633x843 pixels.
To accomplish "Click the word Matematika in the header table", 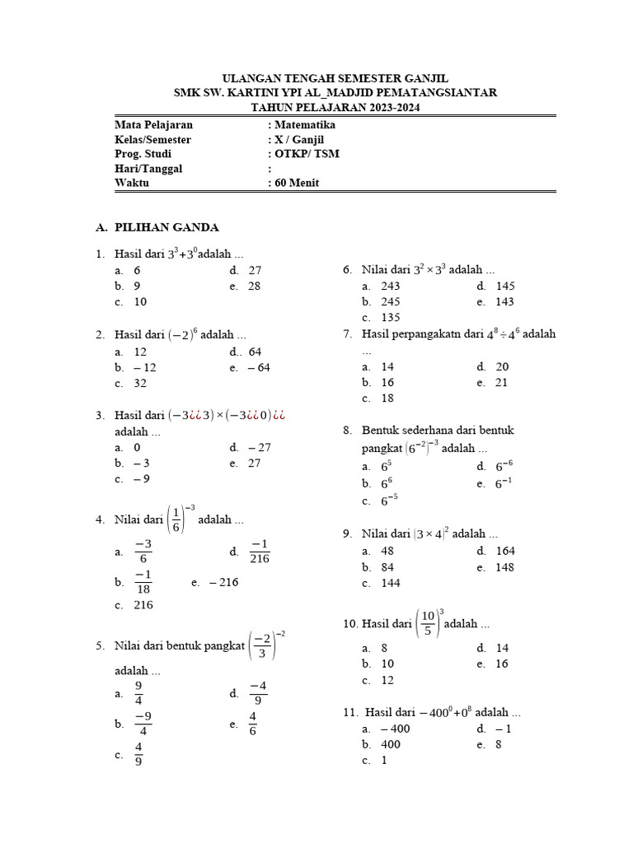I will tap(305, 125).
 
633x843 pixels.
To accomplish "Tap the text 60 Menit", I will tap(297, 183).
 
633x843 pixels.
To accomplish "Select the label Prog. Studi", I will tap(141, 154).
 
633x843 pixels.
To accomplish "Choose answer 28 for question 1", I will tap(254, 286).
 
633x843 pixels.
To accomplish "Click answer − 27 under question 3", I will tap(259, 447).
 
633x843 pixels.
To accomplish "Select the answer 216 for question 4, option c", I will tap(143, 605).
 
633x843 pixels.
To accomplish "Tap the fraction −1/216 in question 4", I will tap(260, 552).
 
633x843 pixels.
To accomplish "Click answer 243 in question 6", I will tap(390, 286).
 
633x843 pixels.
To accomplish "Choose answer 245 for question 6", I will tap(390, 301).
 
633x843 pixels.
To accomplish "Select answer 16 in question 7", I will tap(387, 382).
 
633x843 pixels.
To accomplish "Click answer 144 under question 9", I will tap(390, 583).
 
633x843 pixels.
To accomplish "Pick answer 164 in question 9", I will tap(506, 551).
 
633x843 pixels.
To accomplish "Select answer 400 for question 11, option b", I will tap(390, 744).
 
